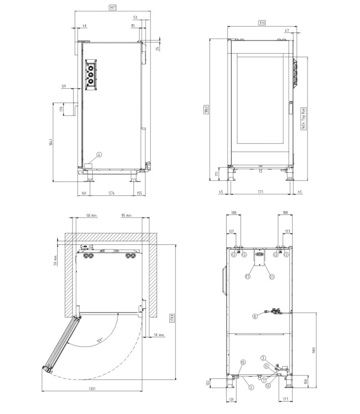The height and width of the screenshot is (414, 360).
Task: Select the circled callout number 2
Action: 251,387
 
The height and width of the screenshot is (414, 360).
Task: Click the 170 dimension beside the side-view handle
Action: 61,110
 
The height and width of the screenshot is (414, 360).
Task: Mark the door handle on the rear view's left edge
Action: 222,280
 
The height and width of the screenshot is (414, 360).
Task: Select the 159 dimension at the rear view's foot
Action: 306,382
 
